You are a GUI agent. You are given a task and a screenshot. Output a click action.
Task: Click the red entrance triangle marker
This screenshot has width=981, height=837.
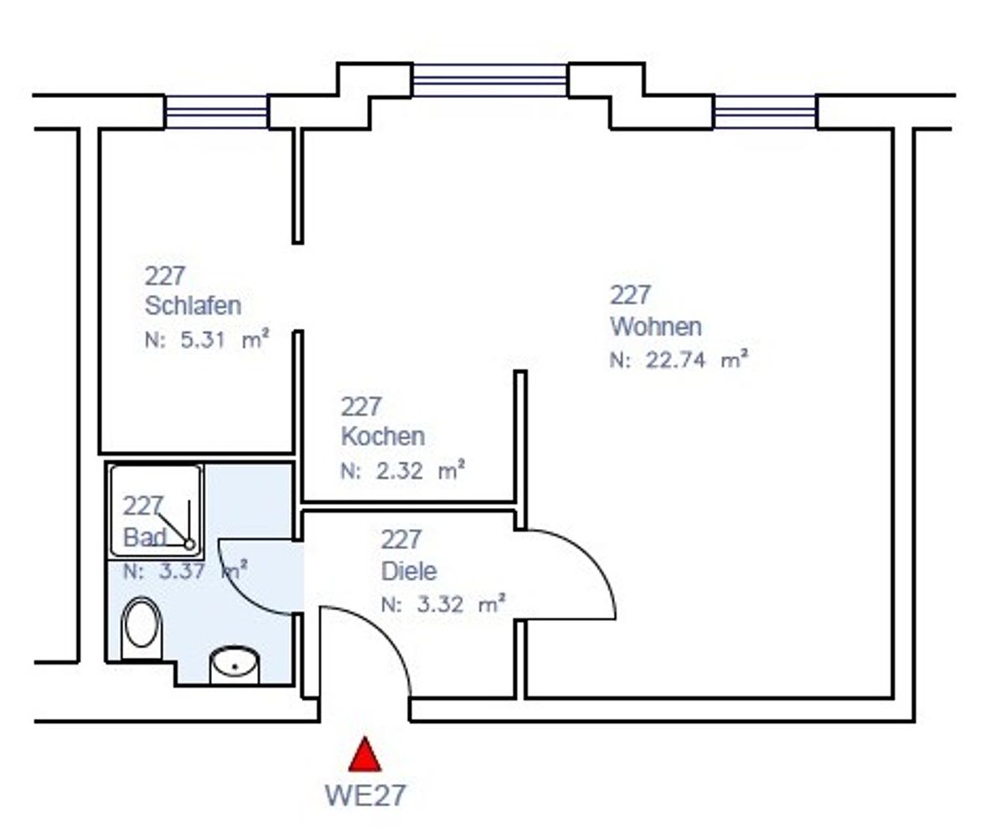[x=364, y=755]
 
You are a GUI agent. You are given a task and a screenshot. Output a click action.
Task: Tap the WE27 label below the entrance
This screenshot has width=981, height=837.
[x=365, y=796]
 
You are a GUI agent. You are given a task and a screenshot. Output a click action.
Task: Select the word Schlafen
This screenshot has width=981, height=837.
[x=193, y=306]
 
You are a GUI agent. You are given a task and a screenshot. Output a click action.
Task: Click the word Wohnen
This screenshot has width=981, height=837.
[x=656, y=326]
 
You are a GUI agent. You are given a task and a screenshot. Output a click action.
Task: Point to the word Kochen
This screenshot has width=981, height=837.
[x=382, y=436]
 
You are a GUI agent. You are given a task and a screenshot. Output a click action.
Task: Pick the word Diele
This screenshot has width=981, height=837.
[x=409, y=571]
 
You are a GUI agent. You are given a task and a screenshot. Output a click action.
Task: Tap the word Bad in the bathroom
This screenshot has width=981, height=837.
[x=145, y=537]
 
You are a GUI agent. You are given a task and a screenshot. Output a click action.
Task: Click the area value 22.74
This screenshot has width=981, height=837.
[x=676, y=360]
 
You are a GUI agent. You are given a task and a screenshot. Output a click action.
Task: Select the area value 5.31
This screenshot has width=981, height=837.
[x=202, y=340]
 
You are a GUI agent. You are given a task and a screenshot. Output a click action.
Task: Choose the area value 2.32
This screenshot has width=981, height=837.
[x=399, y=470]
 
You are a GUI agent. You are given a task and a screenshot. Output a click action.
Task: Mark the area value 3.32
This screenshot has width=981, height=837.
[x=440, y=604]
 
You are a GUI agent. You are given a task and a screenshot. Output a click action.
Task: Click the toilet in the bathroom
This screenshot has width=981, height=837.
[x=141, y=628]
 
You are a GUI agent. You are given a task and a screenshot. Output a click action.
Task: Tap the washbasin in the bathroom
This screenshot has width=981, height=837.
[x=234, y=665]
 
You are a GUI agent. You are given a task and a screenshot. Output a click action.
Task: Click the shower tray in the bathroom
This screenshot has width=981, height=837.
[x=156, y=510]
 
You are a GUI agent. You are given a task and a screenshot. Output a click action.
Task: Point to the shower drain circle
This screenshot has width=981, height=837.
[x=189, y=544]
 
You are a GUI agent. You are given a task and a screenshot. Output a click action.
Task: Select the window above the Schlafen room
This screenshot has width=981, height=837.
[x=216, y=112]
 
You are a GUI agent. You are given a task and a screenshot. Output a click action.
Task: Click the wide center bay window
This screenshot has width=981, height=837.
[x=490, y=80]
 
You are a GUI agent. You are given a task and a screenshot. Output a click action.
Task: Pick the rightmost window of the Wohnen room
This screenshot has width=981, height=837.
[x=765, y=112]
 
